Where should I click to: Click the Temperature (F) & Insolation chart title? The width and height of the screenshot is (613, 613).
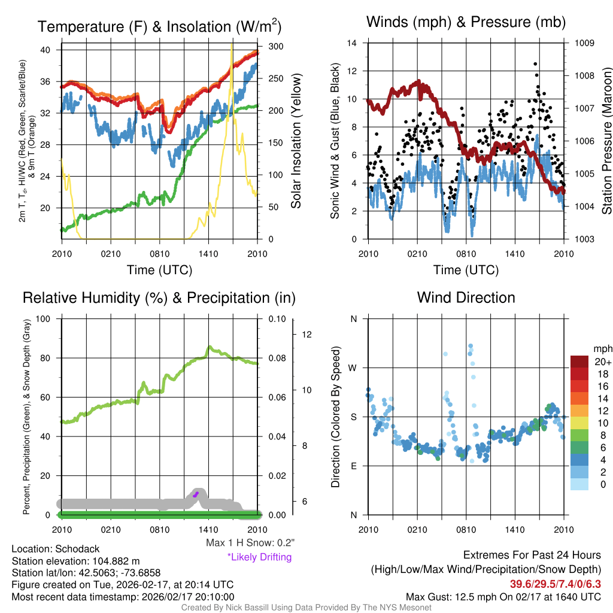pos(160,26)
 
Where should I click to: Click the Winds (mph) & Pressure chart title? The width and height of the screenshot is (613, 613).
pos(466,22)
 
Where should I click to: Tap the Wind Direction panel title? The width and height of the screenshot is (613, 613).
pos(466,298)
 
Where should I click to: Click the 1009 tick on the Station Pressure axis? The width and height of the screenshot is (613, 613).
pos(585,43)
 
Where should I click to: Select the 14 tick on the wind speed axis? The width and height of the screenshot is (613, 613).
pos(352,43)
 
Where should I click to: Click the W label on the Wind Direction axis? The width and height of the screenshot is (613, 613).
pos(353,368)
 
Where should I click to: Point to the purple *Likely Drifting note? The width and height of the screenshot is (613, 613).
pos(259,557)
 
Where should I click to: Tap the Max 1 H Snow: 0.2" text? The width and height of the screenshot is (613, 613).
pos(250,543)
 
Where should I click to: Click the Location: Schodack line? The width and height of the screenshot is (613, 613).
pos(56,549)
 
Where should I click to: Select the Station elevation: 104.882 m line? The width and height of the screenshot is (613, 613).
pos(75,561)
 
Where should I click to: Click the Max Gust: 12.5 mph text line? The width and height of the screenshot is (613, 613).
pos(503,596)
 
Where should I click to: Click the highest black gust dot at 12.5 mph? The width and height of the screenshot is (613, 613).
pos(535,63)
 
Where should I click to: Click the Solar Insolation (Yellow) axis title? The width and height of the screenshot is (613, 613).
pos(296,141)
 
